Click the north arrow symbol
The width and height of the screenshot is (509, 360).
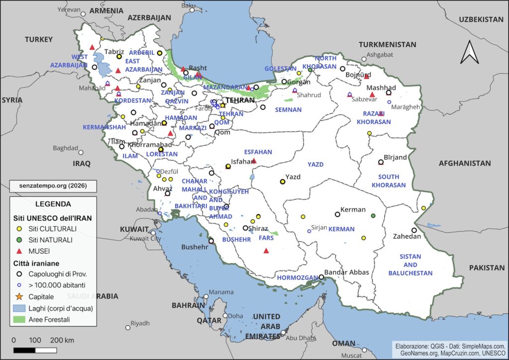pyautogui.click(x=469, y=52)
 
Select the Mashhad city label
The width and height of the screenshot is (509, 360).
pyautogui.click(x=381, y=88)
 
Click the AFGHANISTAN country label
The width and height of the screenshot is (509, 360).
pyautogui.click(x=464, y=163)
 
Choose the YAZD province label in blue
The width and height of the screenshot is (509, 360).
pyautogui.click(x=315, y=164)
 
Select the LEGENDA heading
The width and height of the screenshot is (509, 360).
pyautogui.click(x=53, y=204)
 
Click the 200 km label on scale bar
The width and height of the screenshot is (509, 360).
pyautogui.click(x=62, y=340)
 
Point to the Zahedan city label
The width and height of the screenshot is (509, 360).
pyautogui.click(x=407, y=237)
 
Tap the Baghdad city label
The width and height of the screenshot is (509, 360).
pyautogui.click(x=66, y=148)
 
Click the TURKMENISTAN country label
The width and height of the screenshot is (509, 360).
pyautogui.click(x=387, y=44)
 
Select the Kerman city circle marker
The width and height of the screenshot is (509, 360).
pyautogui.click(x=338, y=214)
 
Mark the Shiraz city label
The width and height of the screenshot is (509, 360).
pyautogui.click(x=258, y=229)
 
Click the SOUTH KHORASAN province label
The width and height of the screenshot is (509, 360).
pyautogui.click(x=389, y=181)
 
